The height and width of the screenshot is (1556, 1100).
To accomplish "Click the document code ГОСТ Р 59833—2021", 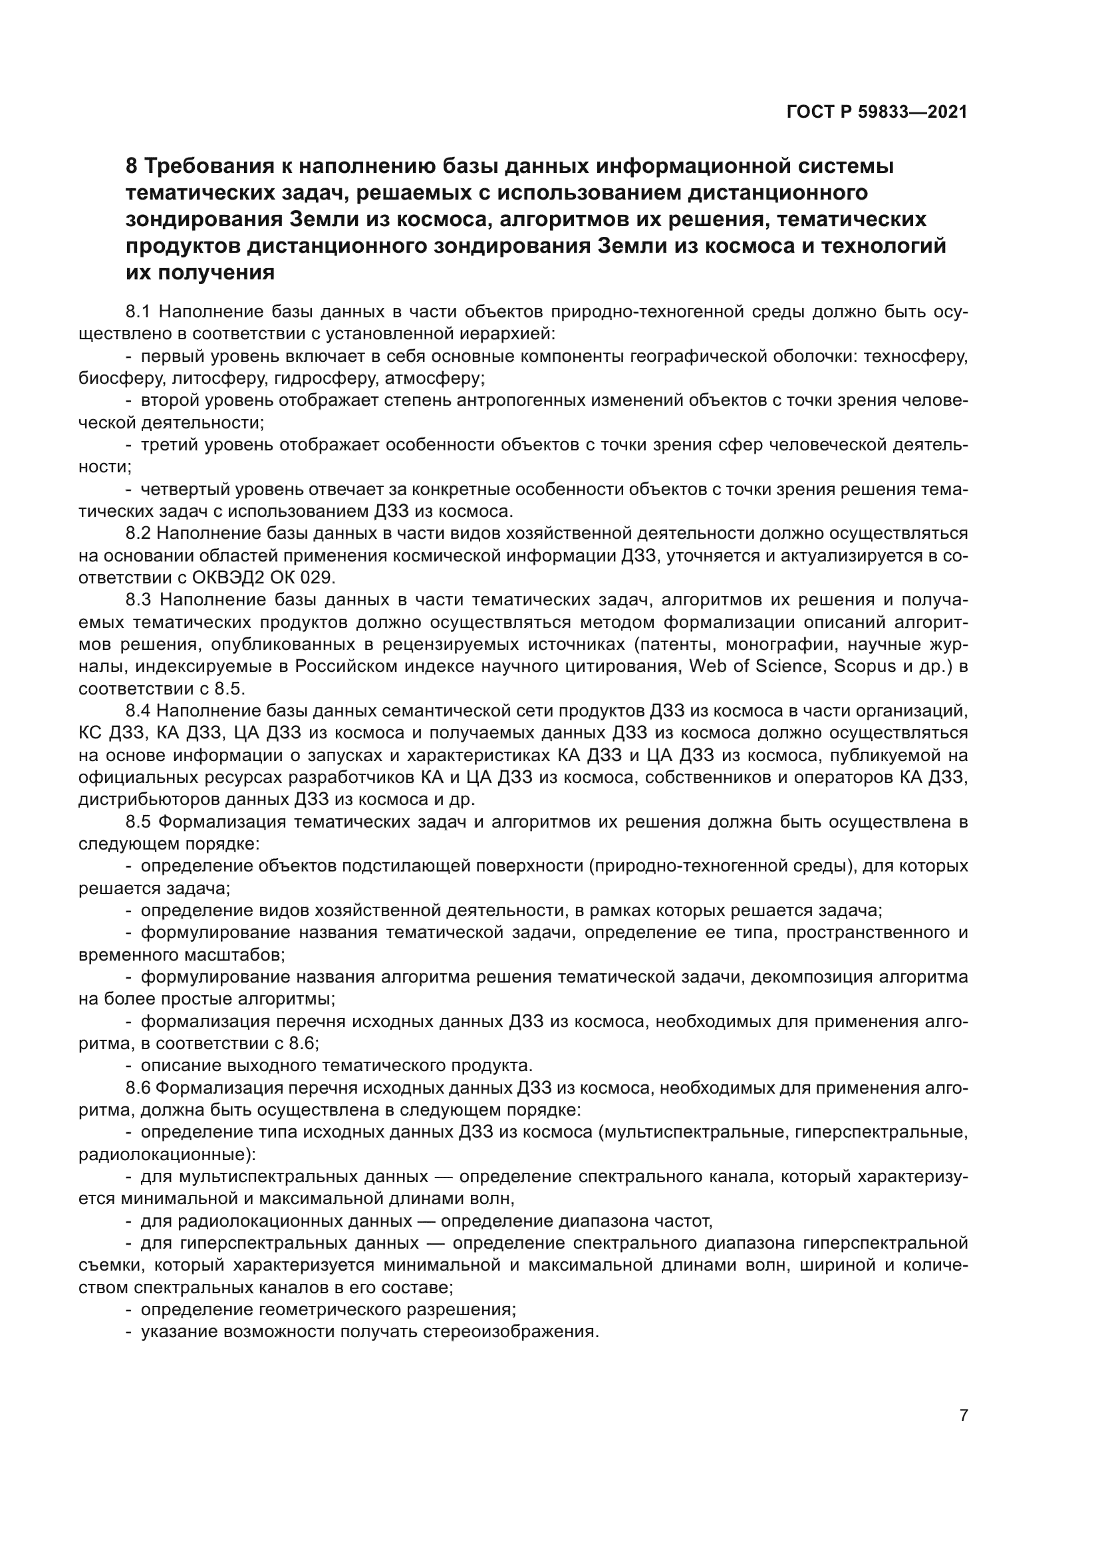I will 877,112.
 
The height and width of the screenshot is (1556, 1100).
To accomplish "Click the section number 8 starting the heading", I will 132,166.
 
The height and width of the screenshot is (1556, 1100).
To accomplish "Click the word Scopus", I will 865,666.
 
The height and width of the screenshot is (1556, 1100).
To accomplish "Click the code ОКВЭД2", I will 227,577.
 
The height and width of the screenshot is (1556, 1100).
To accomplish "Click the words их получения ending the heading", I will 200,273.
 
